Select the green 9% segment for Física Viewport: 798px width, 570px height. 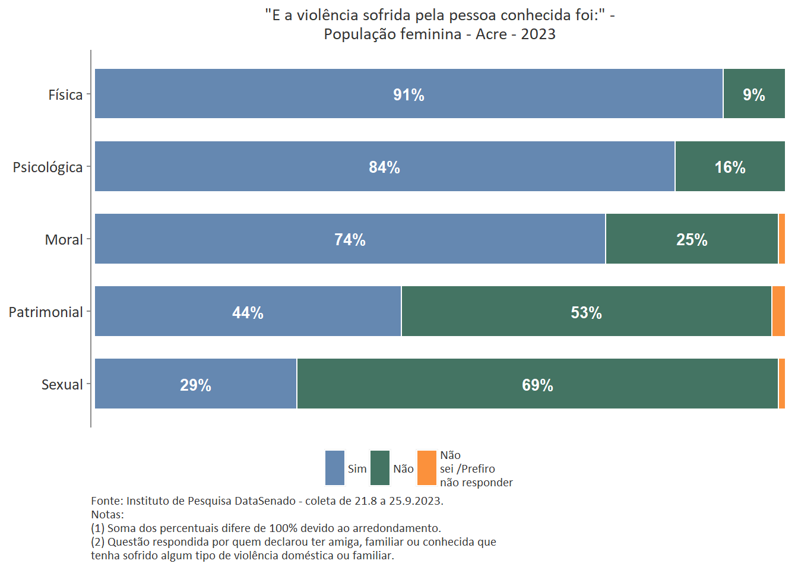tap(753, 93)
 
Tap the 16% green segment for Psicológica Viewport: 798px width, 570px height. tap(730, 166)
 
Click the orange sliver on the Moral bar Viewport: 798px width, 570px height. tap(781, 239)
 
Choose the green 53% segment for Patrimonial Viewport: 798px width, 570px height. tap(586, 311)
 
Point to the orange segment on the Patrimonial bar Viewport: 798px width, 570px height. tap(778, 311)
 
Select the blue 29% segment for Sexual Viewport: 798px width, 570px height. tap(195, 384)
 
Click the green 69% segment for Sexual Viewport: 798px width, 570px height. tap(537, 384)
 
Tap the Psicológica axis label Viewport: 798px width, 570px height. tap(47, 167)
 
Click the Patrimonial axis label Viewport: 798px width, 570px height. tap(46, 312)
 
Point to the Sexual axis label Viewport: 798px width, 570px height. tap(62, 385)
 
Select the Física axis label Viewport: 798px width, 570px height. tap(65, 95)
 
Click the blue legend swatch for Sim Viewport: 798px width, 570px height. tap(335, 468)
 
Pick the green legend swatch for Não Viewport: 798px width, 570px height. tap(380, 468)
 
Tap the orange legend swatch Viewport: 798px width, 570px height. tap(427, 468)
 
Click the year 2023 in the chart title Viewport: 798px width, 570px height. tap(538, 34)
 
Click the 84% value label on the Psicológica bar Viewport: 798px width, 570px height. tap(384, 167)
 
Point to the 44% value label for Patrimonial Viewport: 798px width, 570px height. tap(248, 312)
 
